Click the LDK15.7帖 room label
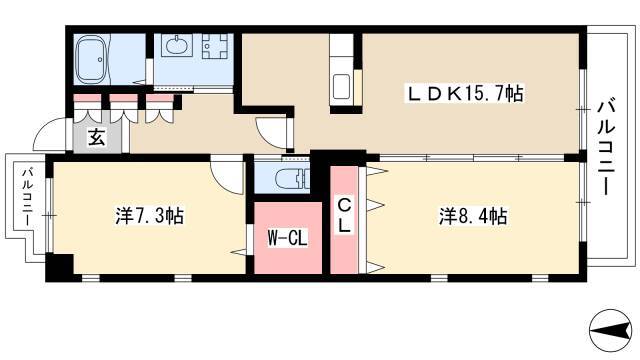[x=464, y=93]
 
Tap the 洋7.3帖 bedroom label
[x=149, y=216]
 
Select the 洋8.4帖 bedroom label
[x=473, y=216]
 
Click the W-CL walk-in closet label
[x=287, y=238]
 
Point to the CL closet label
[x=344, y=216]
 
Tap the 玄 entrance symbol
[x=97, y=138]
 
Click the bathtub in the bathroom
[x=92, y=60]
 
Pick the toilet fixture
[x=291, y=179]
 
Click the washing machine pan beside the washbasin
[x=215, y=46]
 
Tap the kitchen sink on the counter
[x=341, y=87]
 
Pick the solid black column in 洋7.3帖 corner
[x=60, y=267]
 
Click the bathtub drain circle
[x=100, y=60]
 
